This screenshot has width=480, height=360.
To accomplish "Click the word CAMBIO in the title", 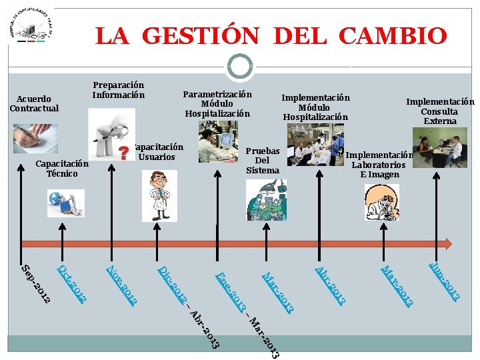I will click(x=392, y=35).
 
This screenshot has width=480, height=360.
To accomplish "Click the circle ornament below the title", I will click(x=239, y=66).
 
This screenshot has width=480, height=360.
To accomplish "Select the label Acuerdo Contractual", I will click(x=34, y=103).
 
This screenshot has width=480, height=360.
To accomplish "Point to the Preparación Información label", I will click(x=118, y=90).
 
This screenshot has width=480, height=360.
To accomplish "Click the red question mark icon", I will click(x=123, y=154).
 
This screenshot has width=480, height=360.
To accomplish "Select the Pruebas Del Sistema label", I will click(x=262, y=161).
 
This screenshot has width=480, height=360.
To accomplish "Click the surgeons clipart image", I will click(x=265, y=200).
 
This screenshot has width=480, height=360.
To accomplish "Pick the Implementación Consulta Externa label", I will click(x=440, y=111).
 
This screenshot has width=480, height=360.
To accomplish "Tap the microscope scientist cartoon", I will click(x=382, y=202).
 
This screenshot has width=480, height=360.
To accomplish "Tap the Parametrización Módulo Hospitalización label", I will click(x=217, y=104).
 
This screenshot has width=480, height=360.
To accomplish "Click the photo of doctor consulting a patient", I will click(x=441, y=149).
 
